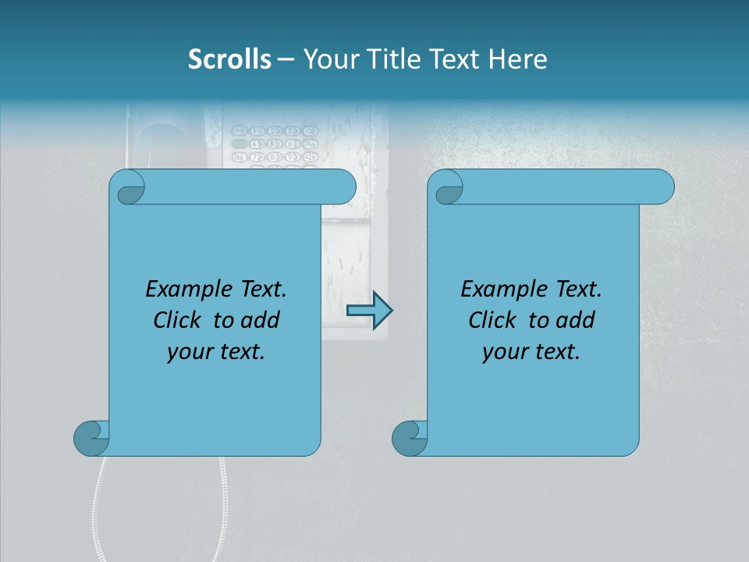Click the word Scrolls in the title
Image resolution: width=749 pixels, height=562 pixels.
tap(230, 59)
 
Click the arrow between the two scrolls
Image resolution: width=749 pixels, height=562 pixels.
tap(369, 311)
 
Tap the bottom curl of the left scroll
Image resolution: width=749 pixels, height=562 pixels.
tap(91, 438)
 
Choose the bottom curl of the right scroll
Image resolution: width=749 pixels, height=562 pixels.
tap(410, 438)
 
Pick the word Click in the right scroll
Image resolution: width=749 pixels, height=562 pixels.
tap(495, 320)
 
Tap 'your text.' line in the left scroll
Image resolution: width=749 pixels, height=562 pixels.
tap(216, 352)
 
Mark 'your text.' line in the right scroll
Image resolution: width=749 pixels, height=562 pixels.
tap(531, 352)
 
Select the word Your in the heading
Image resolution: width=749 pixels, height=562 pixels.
tap(326, 59)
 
